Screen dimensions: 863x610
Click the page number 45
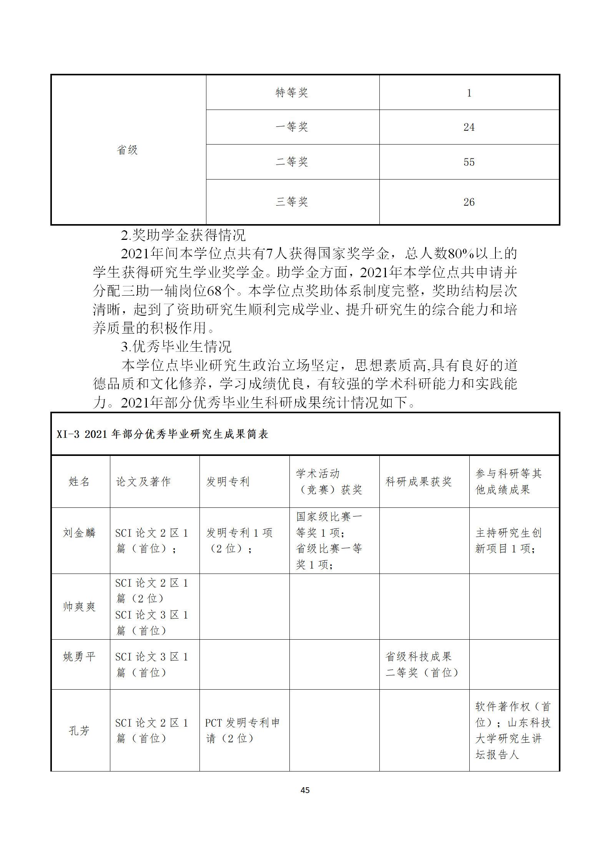coord(305,790)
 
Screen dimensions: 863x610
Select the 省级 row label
coord(127,150)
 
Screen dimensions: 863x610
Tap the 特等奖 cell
coord(292,93)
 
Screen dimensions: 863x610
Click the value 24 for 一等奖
coord(469,127)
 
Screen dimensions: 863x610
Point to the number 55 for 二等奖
coord(469,162)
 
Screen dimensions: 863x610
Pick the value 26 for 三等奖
coord(469,202)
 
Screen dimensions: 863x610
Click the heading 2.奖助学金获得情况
coord(183,235)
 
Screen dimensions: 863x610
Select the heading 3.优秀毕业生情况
coord(176,347)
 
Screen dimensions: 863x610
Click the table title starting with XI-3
coord(162,434)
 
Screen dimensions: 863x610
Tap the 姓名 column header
coord(79,482)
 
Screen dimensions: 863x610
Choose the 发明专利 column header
coord(228,482)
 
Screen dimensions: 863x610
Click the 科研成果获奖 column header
coord(419,482)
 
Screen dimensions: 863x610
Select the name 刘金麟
coord(79,533)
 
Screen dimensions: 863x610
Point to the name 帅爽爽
coord(79,607)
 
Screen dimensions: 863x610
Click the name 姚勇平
coord(79,657)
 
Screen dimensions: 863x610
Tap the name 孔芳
coord(79,730)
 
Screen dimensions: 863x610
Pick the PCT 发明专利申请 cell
coord(242,730)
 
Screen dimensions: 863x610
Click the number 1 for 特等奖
coord(469,93)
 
